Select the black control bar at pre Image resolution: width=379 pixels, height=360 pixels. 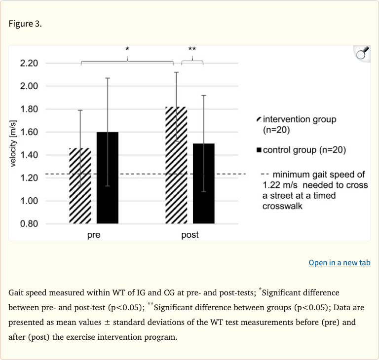coord(108,178)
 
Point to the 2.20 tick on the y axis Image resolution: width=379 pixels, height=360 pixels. coord(29,63)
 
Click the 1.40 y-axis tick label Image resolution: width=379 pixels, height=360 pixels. coord(29,155)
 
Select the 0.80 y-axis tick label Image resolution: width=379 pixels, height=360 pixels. coord(29,224)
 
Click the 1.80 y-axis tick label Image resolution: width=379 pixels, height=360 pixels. coord(29,109)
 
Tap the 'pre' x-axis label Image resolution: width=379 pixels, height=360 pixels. coord(94,235)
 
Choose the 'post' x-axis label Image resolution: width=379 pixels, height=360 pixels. coord(190,235)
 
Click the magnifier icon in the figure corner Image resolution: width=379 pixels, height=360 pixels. coord(362,54)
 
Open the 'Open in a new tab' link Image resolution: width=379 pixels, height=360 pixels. coord(340,262)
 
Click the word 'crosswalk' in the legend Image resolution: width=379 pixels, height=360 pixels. coord(282,206)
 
